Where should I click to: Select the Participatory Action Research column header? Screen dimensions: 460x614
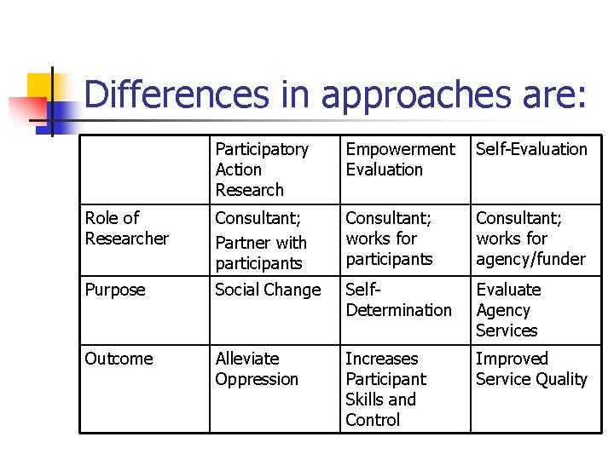[x=261, y=169]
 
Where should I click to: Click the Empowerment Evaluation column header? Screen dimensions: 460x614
[x=400, y=159]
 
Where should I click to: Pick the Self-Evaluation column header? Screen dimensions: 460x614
[x=531, y=149]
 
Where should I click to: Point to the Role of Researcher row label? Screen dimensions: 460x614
[x=127, y=228]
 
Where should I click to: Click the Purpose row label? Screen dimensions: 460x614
[x=115, y=290]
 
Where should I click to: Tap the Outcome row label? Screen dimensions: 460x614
[x=119, y=359]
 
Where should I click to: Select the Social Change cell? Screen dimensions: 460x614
[x=268, y=290]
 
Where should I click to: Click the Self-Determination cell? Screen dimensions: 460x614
[x=398, y=300]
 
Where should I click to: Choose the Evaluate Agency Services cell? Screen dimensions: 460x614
[x=507, y=310]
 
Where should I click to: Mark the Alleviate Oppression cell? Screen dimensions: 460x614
[x=257, y=369]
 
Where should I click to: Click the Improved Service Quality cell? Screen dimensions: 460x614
[x=531, y=369]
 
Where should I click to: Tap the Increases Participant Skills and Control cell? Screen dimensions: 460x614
[x=385, y=389]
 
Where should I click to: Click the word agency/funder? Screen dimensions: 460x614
[x=530, y=259]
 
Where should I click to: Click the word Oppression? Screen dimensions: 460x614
[x=257, y=379]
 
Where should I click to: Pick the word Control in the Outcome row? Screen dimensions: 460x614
[x=373, y=420]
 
